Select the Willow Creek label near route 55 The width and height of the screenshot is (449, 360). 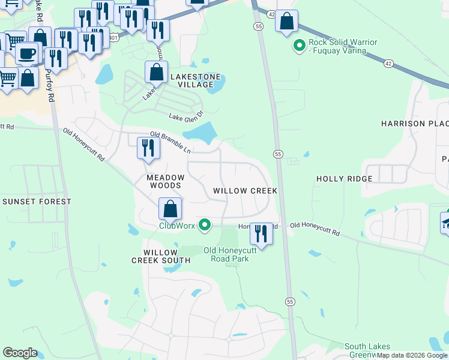[245, 191]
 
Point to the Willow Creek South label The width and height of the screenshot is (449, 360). [161, 256]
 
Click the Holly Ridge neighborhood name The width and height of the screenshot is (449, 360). [345, 179]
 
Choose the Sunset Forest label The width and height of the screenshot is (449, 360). [36, 202]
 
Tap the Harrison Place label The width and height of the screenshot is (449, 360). [415, 124]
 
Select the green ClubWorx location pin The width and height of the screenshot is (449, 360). [205, 226]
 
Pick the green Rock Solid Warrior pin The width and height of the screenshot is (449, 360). [298, 45]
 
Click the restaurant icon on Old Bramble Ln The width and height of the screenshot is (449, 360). [148, 148]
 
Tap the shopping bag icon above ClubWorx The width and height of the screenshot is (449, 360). [170, 209]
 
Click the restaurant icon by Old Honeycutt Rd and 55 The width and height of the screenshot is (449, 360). [261, 233]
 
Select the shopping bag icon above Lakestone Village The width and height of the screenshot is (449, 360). [156, 72]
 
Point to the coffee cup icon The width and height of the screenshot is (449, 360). [26, 53]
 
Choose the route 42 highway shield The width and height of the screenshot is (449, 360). [271, 13]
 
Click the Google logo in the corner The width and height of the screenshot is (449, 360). [20, 353]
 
